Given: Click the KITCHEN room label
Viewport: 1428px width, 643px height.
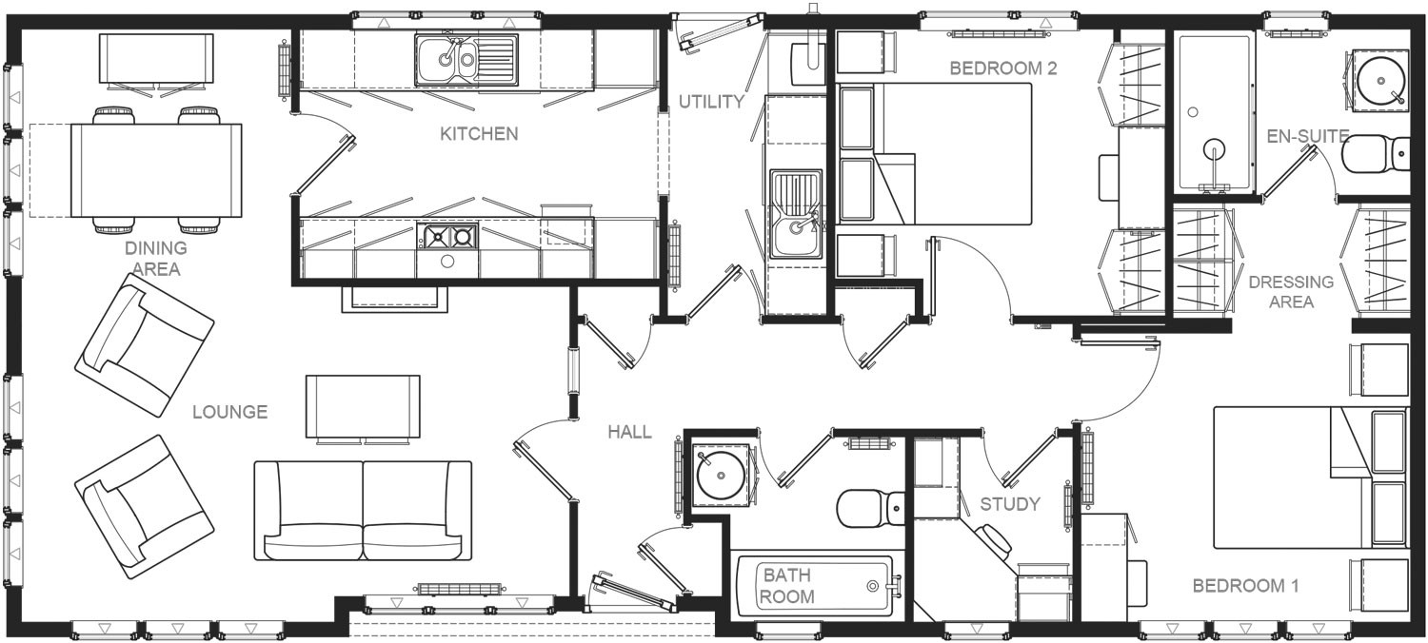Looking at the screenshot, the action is coord(479,134).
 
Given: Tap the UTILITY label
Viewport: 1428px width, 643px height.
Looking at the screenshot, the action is coord(711,102).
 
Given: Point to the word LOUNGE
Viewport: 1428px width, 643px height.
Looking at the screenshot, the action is coord(230,412).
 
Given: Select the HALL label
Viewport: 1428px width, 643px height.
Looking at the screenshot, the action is coord(630,432).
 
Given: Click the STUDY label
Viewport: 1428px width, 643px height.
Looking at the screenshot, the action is coord(1010,504).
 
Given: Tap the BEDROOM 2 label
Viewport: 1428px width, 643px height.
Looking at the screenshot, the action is coord(1003,68).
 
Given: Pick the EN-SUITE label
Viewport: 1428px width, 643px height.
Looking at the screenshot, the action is coord(1307,136).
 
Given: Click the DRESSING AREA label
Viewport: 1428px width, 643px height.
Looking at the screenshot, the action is coord(1291,291).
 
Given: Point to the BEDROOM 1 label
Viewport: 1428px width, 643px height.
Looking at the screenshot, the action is coord(1245,586).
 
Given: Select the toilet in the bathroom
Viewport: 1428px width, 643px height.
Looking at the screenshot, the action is coord(871,508).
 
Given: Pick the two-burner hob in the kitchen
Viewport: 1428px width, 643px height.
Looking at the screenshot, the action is coord(447,237).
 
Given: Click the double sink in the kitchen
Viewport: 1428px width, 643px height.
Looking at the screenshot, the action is coord(466,59).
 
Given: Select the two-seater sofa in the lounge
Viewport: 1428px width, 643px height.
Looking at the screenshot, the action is coord(363,511).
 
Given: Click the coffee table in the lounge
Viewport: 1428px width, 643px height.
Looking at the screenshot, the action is coord(363,407).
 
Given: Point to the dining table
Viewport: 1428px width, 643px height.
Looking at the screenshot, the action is coord(156,171).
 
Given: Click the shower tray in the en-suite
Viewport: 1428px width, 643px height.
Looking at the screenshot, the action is coord(1215,113).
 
